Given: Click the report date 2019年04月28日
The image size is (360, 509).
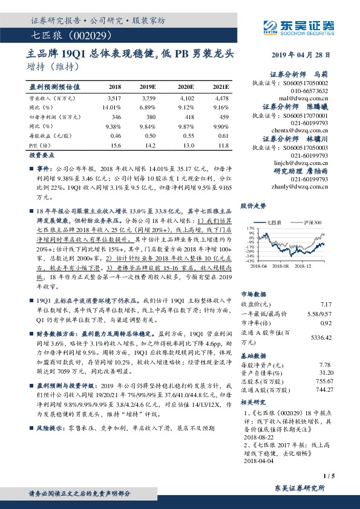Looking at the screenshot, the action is tap(307, 55).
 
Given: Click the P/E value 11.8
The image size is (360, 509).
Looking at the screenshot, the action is tap(222, 146).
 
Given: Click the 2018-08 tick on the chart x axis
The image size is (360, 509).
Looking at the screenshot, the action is tap(281, 265).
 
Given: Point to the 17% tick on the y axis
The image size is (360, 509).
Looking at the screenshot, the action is tap(249, 229).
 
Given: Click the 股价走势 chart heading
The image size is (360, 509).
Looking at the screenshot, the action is tap(254, 206).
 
